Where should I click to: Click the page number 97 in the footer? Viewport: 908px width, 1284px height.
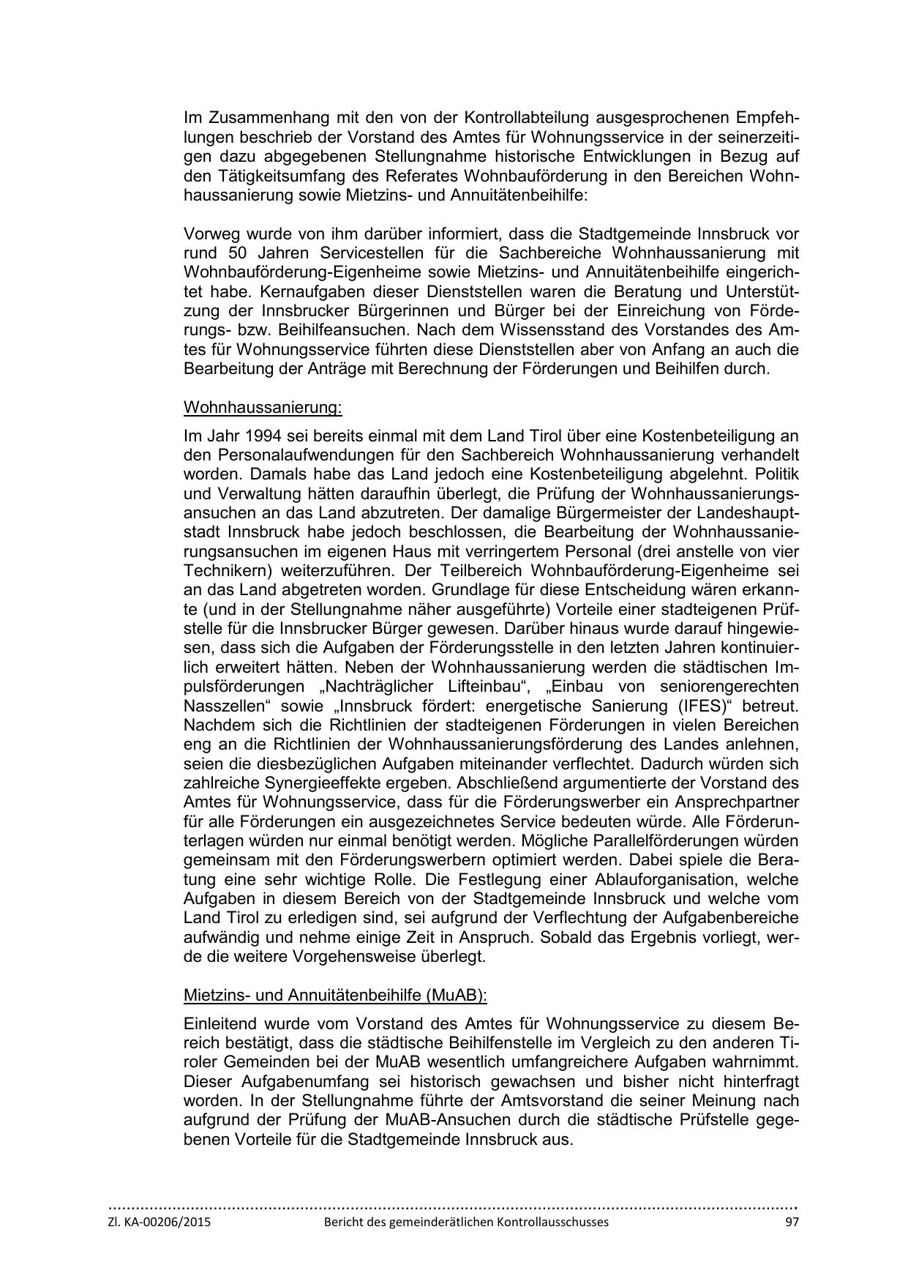(792, 1222)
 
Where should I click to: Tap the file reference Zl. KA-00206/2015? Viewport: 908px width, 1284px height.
(159, 1222)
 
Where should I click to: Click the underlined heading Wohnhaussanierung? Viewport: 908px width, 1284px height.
(263, 406)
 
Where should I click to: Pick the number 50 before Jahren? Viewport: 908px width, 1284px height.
(233, 253)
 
